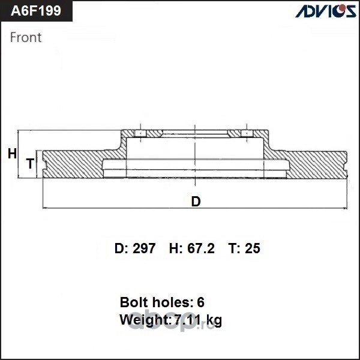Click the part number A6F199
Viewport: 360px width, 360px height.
click(36, 11)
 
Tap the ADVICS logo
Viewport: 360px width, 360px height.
click(326, 11)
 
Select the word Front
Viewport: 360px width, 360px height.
click(26, 37)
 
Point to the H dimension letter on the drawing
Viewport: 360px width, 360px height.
click(12, 154)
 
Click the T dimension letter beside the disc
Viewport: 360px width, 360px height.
click(31, 163)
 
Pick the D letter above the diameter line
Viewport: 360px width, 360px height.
click(196, 202)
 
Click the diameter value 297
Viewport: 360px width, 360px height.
click(144, 248)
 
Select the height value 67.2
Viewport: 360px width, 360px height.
click(201, 248)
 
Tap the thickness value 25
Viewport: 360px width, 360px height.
click(253, 248)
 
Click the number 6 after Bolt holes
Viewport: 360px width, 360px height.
click(200, 302)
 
